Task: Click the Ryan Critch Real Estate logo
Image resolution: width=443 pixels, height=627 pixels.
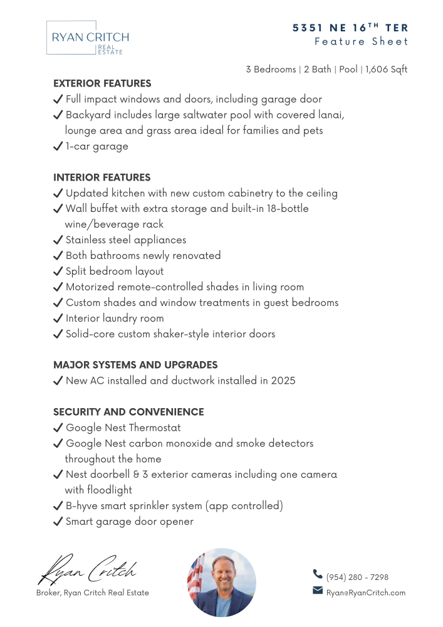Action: pos(88,38)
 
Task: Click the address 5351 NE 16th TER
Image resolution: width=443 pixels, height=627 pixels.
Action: pos(350,28)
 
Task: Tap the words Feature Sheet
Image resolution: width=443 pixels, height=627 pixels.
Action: pos(361,42)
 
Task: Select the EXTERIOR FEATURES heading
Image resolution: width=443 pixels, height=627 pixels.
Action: pos(102,83)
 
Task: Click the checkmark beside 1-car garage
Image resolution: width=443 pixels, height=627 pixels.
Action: pos(58,147)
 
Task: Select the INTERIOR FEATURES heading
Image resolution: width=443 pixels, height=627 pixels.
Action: pos(102,177)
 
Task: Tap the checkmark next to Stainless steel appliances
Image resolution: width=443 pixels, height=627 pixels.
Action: pos(58,240)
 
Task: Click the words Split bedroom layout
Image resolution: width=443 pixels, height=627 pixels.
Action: pos(115,271)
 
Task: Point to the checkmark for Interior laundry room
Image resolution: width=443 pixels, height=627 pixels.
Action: pos(58,319)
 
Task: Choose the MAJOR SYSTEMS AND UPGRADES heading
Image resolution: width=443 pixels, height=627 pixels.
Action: pos(135,365)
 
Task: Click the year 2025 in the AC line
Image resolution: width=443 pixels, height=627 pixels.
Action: pos(283,381)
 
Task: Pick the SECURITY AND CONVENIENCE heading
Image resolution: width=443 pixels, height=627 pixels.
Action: pos(128,412)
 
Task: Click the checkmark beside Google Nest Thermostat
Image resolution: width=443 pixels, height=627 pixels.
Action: pos(58,428)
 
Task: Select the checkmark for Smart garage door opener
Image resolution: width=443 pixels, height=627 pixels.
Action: pos(58,522)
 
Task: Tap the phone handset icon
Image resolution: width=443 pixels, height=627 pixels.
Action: pos(318,574)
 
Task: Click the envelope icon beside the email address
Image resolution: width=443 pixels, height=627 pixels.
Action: pos(318,591)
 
